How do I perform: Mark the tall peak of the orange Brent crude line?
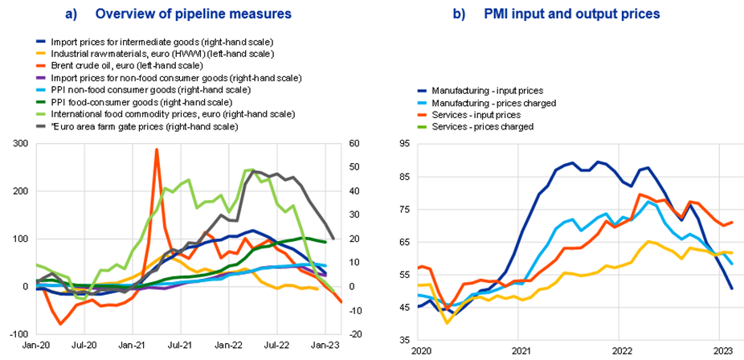pyautogui.click(x=157, y=149)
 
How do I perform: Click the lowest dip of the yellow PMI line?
pyautogui.click(x=447, y=323)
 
